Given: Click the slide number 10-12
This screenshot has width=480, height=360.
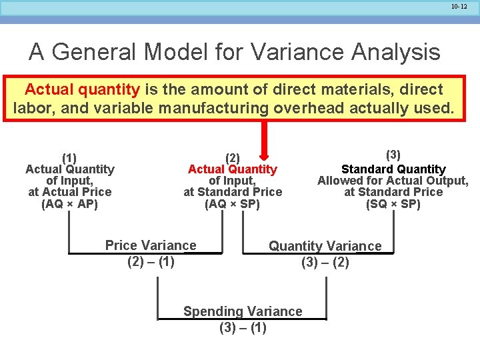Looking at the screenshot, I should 459,7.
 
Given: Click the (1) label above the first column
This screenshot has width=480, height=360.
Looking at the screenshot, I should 69,158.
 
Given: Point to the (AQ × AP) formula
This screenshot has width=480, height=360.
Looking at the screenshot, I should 69,204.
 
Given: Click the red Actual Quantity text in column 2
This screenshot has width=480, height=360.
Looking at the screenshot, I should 232,169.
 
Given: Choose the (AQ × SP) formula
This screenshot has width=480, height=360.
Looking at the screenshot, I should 232,204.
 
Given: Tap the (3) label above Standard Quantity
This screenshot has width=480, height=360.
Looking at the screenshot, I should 393,155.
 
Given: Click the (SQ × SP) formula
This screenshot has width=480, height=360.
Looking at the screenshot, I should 393,204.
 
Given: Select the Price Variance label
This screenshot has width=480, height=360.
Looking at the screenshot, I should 151,245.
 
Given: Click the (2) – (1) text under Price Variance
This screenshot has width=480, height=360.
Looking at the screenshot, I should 151,261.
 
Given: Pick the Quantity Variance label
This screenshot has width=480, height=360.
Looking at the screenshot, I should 325,246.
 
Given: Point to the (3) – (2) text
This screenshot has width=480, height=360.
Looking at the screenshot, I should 325,262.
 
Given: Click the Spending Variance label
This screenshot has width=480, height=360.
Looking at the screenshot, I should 243,311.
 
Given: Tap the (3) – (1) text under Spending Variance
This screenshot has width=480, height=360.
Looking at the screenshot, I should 243,327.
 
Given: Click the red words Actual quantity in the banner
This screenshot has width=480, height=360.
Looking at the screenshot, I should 82,89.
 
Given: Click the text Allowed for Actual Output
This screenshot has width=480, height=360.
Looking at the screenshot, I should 393,181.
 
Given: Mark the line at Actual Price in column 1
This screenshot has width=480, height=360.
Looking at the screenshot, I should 69,192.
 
